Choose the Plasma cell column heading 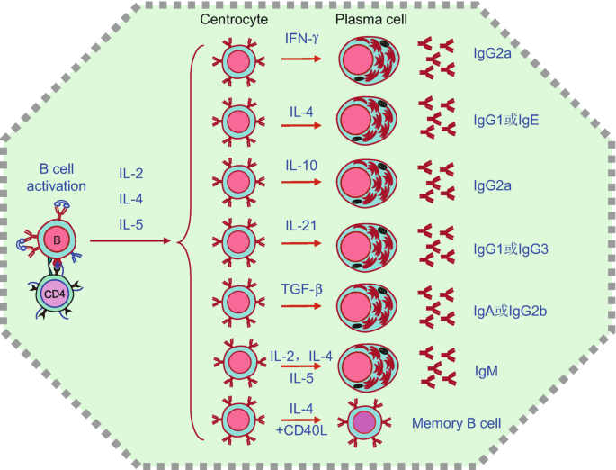pyautogui.click(x=368, y=19)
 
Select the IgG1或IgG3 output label pyautogui.click(x=509, y=247)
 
